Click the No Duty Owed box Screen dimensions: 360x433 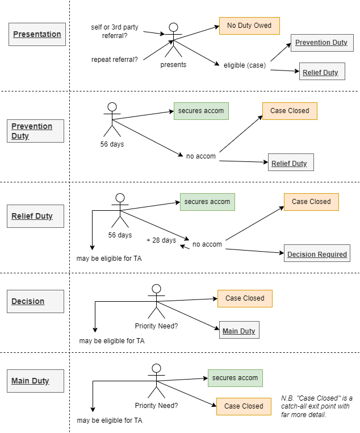[x=249, y=26]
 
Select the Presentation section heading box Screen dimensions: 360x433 [x=37, y=34]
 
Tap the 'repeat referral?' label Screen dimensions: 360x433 [x=115, y=60]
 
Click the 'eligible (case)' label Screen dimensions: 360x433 [x=245, y=65]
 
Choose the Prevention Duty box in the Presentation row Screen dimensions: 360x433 [x=322, y=43]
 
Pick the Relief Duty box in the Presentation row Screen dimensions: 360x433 [x=322, y=71]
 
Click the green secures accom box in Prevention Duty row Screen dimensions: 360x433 [x=201, y=111]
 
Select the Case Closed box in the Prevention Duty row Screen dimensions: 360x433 [x=290, y=111]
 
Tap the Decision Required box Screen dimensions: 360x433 [x=317, y=253]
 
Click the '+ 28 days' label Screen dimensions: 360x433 [x=161, y=240]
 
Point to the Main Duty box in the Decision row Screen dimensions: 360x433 [x=239, y=330]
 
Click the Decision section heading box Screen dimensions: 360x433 [x=35, y=301]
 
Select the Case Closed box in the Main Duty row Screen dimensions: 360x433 [x=244, y=406]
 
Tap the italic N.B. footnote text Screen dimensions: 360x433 [x=317, y=406]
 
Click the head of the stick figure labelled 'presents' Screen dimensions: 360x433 [x=174, y=27]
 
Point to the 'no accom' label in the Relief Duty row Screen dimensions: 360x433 [x=207, y=244]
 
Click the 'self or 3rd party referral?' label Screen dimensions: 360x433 [x=115, y=31]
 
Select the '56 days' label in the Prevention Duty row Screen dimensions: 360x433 [x=112, y=144]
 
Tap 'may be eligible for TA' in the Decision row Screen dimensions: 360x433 [x=112, y=341]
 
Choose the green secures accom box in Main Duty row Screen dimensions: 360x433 [x=235, y=378]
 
